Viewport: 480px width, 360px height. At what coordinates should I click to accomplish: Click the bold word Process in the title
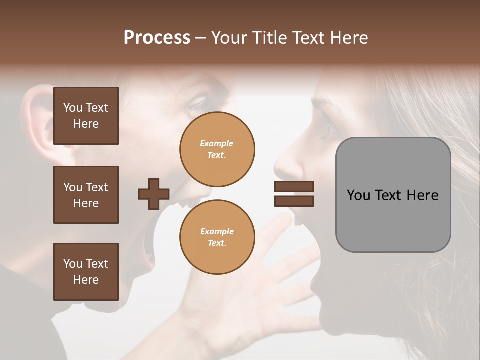pos(157,38)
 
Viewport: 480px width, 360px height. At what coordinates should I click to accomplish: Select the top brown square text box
pos(86,116)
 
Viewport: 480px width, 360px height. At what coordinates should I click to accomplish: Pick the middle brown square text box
pos(86,195)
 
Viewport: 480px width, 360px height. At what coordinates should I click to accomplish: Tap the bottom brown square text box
pos(86,271)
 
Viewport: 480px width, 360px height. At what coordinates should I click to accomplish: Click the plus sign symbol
pos(154,194)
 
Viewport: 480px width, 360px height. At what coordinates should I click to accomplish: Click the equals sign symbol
pos(294,194)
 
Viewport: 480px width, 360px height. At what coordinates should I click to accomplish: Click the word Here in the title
pos(348,38)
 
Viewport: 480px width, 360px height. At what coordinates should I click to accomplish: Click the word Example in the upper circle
pos(217,143)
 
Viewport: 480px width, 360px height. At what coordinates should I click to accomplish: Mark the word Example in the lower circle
pos(217,231)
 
